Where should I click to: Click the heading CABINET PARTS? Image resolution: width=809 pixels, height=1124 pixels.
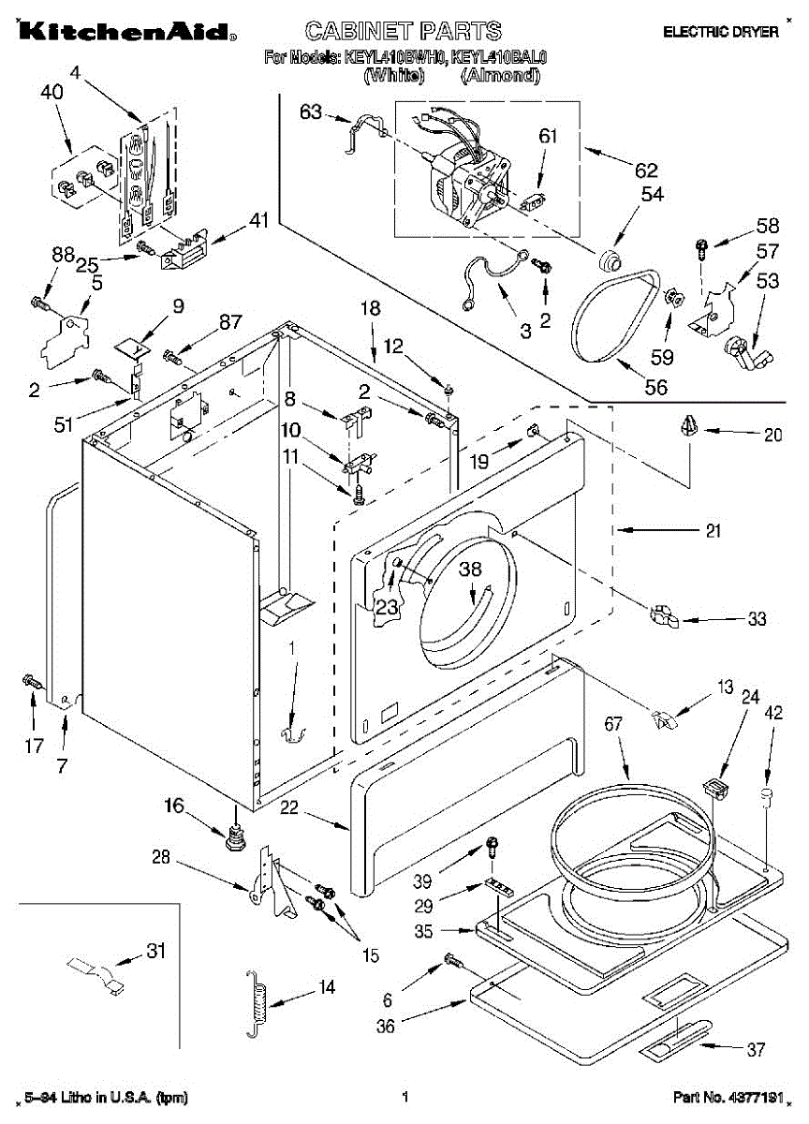point(404,31)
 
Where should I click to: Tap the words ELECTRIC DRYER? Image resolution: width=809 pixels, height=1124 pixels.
point(720,32)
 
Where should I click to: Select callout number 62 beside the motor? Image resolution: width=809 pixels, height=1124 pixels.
point(646,170)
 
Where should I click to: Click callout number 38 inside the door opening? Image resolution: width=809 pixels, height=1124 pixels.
point(470,569)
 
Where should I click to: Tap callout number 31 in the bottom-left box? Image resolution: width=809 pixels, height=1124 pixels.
point(154,952)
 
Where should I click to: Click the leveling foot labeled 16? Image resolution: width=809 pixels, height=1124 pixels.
point(234,834)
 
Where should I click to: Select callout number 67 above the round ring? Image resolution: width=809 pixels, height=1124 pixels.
point(613,724)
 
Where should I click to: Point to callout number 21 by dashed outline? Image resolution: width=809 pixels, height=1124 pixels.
point(713,531)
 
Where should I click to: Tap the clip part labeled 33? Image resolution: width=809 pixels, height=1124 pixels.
point(662,615)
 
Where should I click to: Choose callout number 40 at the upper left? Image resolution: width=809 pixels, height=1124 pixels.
point(52,92)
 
